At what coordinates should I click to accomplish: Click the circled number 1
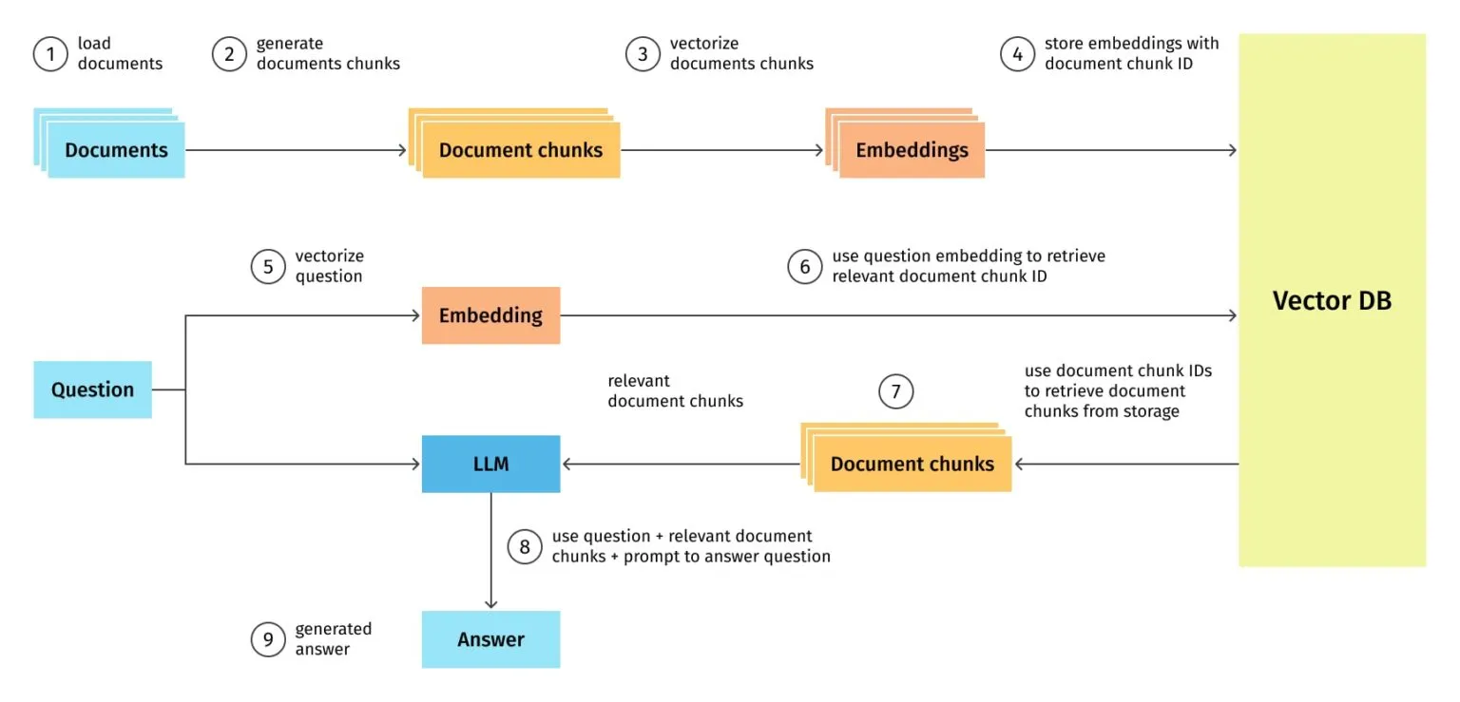point(49,54)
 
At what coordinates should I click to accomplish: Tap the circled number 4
point(1017,54)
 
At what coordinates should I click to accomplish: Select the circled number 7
point(895,390)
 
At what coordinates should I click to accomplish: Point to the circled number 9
point(268,639)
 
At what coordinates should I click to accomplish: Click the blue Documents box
point(116,150)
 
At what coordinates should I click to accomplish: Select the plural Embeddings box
point(911,150)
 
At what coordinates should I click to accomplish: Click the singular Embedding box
point(490,315)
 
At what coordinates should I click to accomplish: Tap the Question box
point(92,389)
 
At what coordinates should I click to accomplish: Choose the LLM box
point(490,464)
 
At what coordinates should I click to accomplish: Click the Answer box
point(490,639)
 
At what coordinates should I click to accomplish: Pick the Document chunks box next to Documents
point(520,150)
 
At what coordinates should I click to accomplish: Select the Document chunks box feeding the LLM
point(912,464)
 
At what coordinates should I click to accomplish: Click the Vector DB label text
point(1332,301)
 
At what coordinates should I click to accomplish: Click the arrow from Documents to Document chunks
point(295,150)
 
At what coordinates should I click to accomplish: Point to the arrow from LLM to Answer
point(490,551)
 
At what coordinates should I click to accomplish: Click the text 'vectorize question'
point(329,266)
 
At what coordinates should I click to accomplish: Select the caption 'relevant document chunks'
point(675,391)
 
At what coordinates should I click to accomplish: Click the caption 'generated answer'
point(333,639)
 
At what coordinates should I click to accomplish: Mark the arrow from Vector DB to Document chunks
point(1126,464)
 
